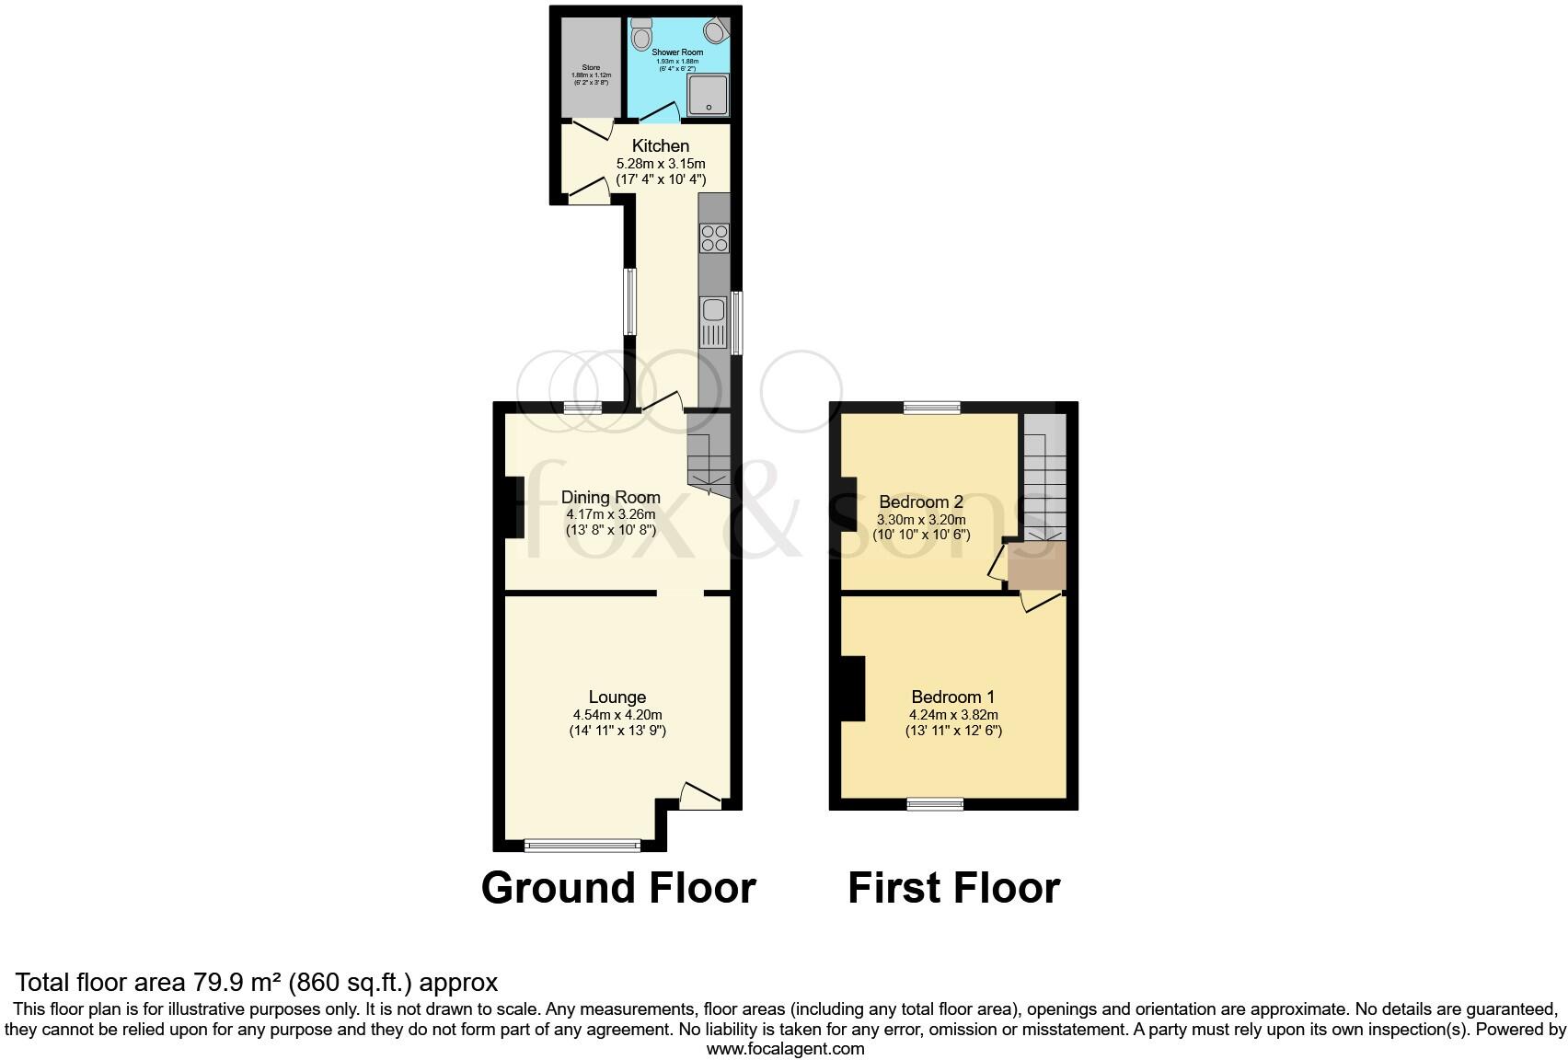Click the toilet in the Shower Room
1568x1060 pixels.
pos(641,34)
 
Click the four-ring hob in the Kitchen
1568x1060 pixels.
pos(714,237)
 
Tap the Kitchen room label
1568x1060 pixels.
pos(661,145)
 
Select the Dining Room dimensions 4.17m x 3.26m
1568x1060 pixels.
pos(611,514)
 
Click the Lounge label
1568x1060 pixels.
pos(617,697)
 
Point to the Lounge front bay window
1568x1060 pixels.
pos(582,843)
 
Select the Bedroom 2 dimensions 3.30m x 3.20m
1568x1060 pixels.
pos(921,519)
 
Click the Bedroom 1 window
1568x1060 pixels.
pos(935,803)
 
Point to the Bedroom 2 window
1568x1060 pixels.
pos(931,408)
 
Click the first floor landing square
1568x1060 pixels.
pos(1036,565)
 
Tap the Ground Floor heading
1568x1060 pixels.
pos(618,888)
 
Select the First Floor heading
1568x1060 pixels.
pos(953,888)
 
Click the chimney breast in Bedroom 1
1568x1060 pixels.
pos(852,688)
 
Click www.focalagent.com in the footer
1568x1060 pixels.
pos(785,1048)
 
